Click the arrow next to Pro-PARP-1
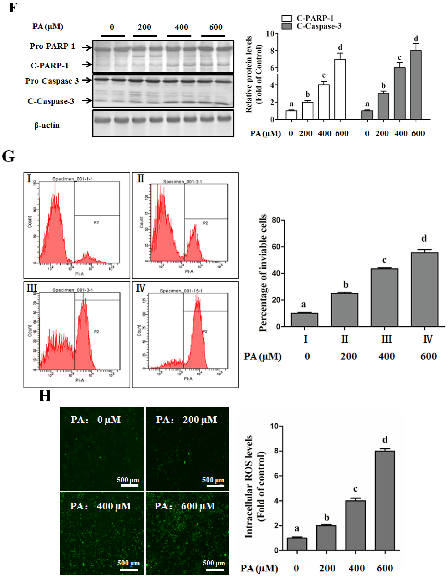[x=86, y=48]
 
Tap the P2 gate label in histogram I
[x=96, y=223]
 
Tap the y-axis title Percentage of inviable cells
[x=263, y=273]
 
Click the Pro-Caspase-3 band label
[x=52, y=81]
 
